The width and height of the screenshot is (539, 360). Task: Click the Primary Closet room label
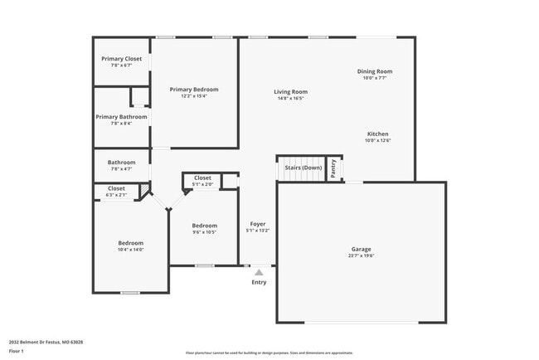pyautogui.click(x=121, y=59)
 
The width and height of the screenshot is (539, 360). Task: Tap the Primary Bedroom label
pyautogui.click(x=194, y=90)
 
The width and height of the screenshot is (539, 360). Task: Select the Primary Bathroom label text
pyautogui.click(x=121, y=117)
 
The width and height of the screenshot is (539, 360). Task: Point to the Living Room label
pyautogui.click(x=291, y=92)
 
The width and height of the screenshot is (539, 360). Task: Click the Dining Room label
pyautogui.click(x=375, y=71)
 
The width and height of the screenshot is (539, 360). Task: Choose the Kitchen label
pyautogui.click(x=378, y=134)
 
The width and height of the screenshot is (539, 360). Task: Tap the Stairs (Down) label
pyautogui.click(x=303, y=168)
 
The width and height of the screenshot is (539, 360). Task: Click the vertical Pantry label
pyautogui.click(x=333, y=168)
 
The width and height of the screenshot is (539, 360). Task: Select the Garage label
pyautogui.click(x=361, y=249)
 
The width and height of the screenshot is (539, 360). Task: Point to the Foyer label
pyautogui.click(x=258, y=224)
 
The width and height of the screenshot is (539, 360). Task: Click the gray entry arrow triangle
pyautogui.click(x=259, y=272)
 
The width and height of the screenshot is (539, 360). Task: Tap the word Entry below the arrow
pyautogui.click(x=260, y=283)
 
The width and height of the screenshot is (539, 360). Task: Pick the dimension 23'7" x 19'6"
pyautogui.click(x=361, y=255)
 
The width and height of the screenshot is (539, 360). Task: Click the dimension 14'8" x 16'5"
pyautogui.click(x=291, y=98)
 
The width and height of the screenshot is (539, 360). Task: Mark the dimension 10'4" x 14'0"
pyautogui.click(x=130, y=249)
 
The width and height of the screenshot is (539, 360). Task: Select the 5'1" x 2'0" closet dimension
pyautogui.click(x=203, y=184)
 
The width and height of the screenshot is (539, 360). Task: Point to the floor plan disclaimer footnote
pyautogui.click(x=269, y=353)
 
